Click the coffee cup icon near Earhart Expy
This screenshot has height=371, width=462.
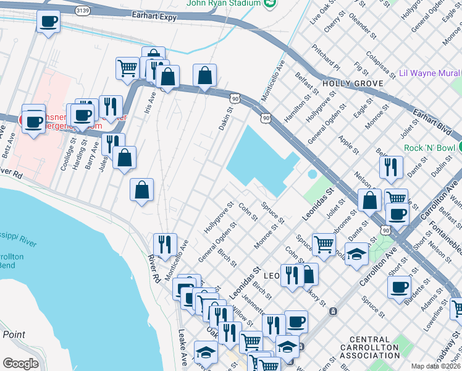click(48, 22)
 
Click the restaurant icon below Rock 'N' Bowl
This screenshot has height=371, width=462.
click(391, 166)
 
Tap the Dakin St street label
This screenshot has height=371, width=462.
click(224, 119)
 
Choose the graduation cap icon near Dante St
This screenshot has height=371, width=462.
click(356, 254)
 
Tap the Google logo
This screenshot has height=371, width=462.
click(21, 364)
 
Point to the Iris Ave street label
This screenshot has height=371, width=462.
click(150, 99)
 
